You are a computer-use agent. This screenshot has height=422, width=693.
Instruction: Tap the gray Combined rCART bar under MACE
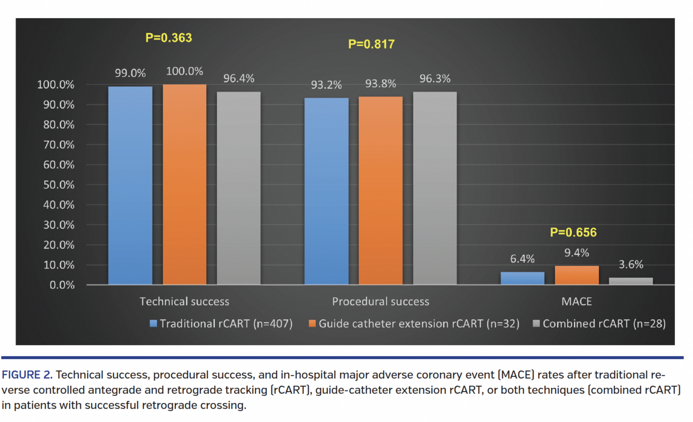(x=631, y=281)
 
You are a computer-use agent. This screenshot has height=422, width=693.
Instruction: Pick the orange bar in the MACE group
(x=577, y=275)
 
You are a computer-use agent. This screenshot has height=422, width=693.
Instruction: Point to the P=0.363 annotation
(x=168, y=38)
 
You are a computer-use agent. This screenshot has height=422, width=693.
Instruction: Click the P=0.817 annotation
(x=371, y=44)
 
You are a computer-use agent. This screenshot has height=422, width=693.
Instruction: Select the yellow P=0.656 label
(x=573, y=233)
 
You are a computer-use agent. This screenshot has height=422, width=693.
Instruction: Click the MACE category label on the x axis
(x=576, y=302)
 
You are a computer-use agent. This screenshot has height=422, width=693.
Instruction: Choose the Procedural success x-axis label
(x=380, y=302)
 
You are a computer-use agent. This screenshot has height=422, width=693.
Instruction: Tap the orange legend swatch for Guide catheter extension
(x=312, y=323)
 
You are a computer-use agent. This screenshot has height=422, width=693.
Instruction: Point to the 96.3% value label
(x=434, y=79)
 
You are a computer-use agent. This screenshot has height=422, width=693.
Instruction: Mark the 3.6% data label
(x=632, y=264)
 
